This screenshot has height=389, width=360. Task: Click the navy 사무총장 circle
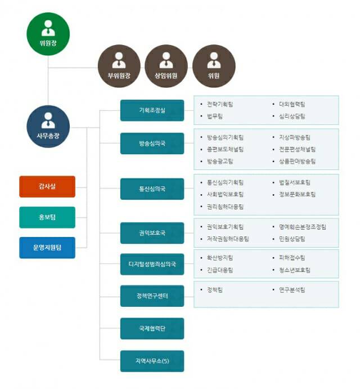pos(48,126)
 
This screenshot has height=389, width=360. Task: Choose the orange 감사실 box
pos(47,186)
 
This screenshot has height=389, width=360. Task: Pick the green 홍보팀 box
pos(47,217)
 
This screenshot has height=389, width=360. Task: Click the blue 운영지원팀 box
pos(47,247)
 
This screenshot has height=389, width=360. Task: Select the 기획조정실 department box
pos(152,110)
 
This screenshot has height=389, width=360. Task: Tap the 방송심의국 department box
pos(152,143)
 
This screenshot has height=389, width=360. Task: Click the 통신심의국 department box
pos(152,189)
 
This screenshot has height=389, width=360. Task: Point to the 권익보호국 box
pos(152,232)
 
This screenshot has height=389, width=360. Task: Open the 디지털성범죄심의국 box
pos(152,264)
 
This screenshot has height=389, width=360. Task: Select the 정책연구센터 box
pos(152,296)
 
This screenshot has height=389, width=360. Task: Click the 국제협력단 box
pos(152,328)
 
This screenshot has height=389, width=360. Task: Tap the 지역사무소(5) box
pos(152,360)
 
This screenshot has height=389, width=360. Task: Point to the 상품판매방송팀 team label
pos(297,161)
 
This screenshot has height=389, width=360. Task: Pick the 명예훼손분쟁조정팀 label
pos(302,227)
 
